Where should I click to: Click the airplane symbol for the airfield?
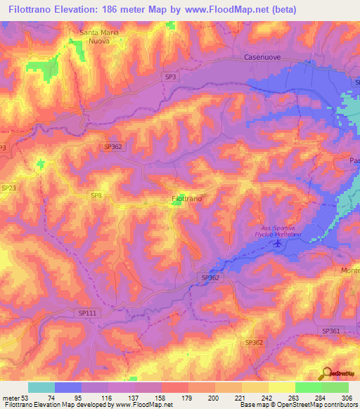[x=277, y=243]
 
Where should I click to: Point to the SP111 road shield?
[x=85, y=313]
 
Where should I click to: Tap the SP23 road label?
[x=8, y=188]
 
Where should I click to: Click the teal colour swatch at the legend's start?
[x=41, y=387]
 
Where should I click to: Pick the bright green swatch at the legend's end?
[x=335, y=387]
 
